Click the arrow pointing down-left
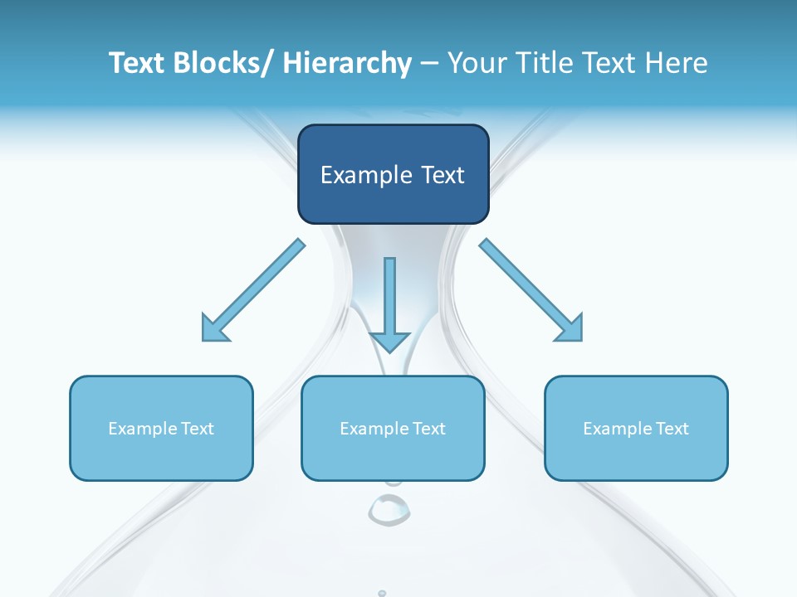coord(252,291)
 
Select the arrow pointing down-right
coord(531,291)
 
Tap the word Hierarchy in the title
coord(347,63)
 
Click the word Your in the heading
coord(474,63)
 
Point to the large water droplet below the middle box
coord(389,509)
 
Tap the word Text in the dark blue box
coord(443,176)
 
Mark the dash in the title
coord(429,63)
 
